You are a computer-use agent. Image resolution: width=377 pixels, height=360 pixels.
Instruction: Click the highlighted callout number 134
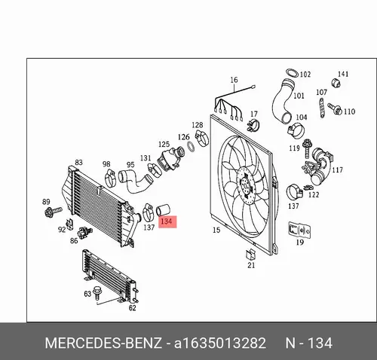(167, 221)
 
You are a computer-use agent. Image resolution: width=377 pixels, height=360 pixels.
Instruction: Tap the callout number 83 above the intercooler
(78, 162)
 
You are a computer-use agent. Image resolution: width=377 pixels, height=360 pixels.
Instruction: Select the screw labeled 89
(53, 212)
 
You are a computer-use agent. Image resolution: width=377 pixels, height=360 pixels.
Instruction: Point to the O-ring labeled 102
(292, 73)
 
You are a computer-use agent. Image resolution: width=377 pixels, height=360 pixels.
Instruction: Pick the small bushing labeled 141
(336, 83)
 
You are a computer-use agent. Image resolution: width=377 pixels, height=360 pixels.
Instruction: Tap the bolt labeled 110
(335, 108)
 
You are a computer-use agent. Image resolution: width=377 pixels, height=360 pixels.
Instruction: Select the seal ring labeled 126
(192, 147)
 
